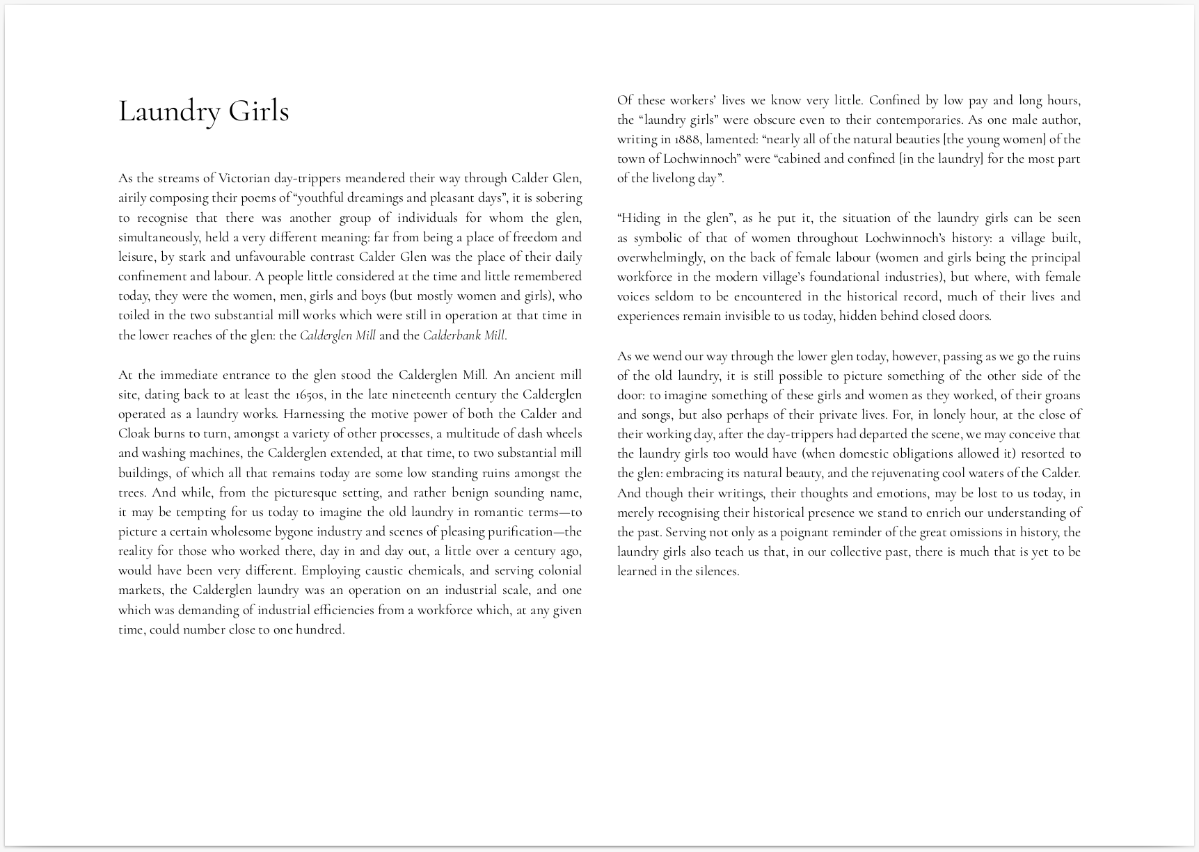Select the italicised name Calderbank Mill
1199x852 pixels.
[x=463, y=335]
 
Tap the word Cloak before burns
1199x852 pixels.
[x=134, y=433]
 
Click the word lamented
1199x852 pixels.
[x=732, y=139]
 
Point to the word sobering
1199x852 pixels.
[x=557, y=198]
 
